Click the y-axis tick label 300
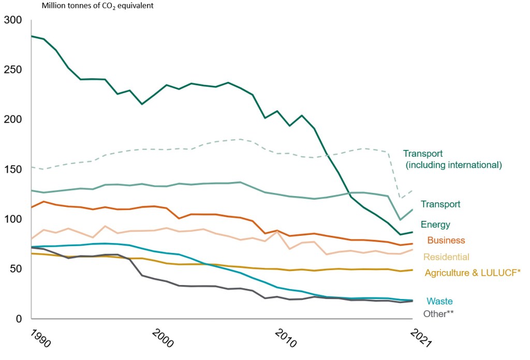click(x=13, y=20)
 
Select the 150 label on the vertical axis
click(x=13, y=170)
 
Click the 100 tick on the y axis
click(x=13, y=219)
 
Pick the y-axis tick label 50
click(x=16, y=269)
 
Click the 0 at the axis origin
click(x=19, y=319)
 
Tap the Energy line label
click(x=435, y=225)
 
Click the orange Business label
click(x=446, y=241)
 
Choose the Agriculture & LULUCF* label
click(x=472, y=273)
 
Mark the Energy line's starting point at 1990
click(x=32, y=36)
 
